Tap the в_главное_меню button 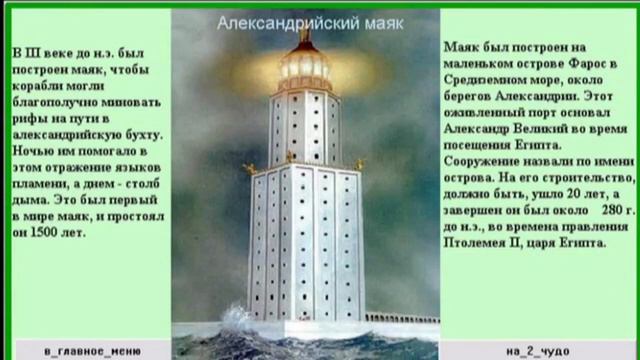92,351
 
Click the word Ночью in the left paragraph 34,148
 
